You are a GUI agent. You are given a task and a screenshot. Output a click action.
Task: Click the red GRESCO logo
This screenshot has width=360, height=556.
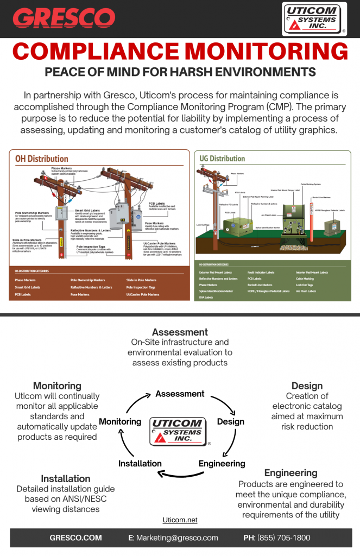tap(64, 18)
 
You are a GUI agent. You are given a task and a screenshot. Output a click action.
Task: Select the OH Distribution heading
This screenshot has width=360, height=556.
tap(42, 159)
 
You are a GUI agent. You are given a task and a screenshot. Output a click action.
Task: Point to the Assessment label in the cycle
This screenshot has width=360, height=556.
tap(180, 394)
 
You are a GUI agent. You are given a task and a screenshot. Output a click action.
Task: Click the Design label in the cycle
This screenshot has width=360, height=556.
tap(231, 421)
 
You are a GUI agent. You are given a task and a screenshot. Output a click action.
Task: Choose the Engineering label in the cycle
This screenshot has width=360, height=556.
tap(222, 463)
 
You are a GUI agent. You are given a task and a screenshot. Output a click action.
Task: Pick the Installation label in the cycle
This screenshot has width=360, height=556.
tap(140, 463)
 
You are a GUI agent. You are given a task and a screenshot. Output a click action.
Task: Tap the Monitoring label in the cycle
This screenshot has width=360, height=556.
tap(120, 421)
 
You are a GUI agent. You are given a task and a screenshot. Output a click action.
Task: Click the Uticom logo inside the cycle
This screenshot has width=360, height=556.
tap(178, 432)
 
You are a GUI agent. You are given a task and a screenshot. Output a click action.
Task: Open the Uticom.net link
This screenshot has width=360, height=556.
tap(180, 520)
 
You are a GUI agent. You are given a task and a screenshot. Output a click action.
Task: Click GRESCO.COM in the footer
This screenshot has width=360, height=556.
tap(75, 538)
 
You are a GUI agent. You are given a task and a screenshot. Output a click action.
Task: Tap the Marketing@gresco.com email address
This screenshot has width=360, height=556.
tap(177, 538)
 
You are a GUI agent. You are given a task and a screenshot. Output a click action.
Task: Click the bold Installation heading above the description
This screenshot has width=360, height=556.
tap(66, 478)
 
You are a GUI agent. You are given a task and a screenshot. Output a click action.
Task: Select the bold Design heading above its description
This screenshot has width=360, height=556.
tap(307, 386)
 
